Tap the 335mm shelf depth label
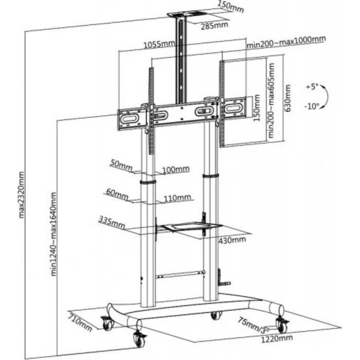click(x=111, y=223)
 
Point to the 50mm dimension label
click(x=121, y=165)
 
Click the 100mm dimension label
click(x=175, y=169)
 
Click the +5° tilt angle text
click(x=312, y=86)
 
